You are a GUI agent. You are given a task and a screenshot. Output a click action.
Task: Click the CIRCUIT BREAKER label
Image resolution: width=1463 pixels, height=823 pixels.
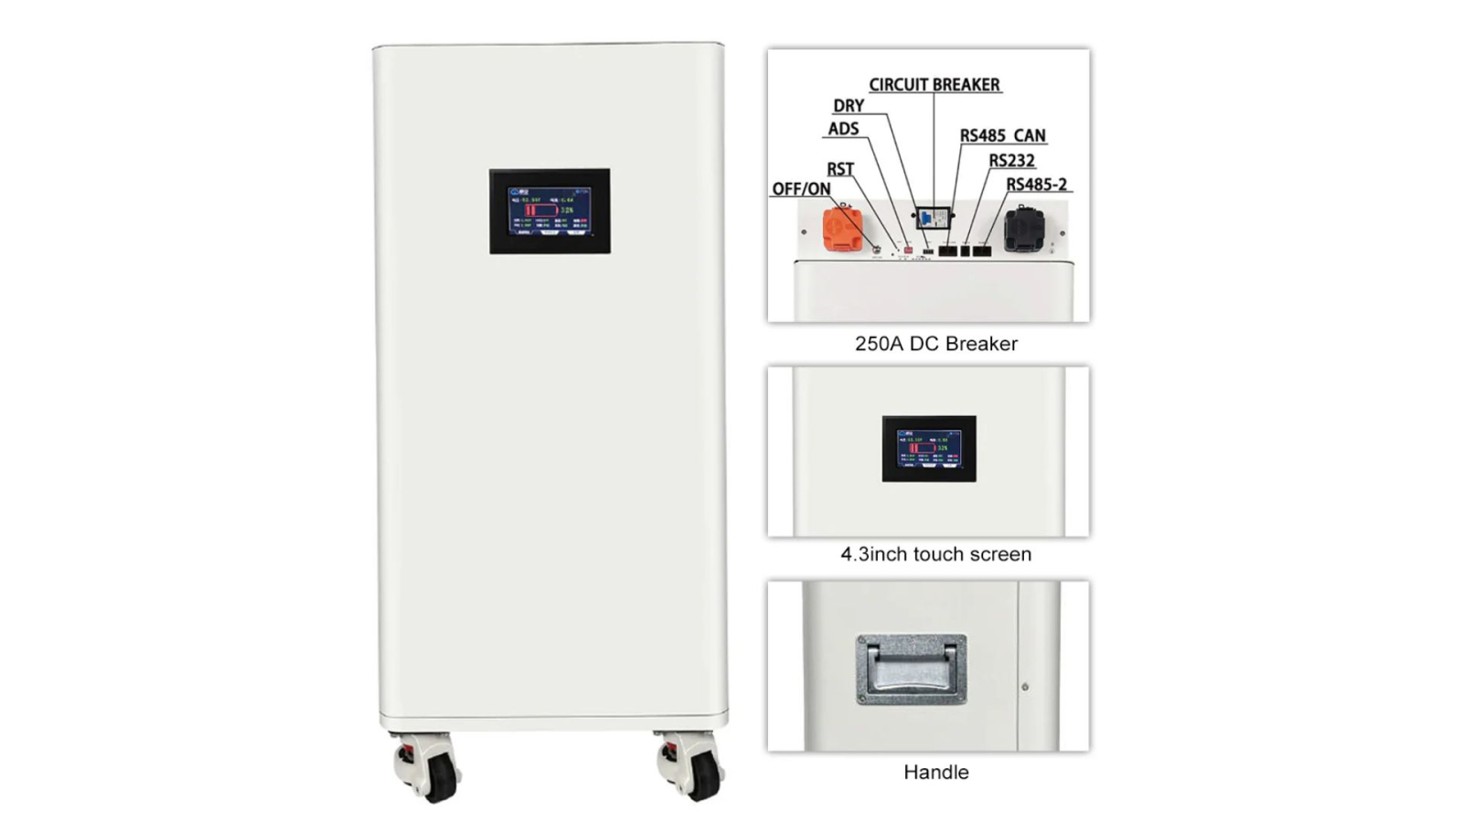click(934, 84)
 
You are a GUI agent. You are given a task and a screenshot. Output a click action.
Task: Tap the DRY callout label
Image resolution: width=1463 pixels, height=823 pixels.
click(848, 105)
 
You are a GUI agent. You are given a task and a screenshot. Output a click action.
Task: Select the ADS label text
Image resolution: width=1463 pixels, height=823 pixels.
click(842, 129)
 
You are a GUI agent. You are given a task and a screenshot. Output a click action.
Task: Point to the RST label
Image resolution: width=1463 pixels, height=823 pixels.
click(839, 169)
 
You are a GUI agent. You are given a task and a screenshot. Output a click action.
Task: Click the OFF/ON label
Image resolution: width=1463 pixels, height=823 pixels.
click(801, 189)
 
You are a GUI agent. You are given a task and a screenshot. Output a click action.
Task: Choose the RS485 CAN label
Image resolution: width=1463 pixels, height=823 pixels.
click(1002, 135)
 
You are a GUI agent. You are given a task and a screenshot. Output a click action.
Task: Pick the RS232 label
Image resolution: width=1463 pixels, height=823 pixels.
click(1011, 161)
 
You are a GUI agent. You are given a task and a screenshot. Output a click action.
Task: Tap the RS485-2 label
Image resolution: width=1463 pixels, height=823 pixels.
click(1036, 185)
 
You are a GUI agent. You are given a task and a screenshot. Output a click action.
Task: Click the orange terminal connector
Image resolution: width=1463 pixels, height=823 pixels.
click(842, 229)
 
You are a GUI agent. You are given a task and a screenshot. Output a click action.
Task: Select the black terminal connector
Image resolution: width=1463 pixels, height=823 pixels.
click(1023, 229)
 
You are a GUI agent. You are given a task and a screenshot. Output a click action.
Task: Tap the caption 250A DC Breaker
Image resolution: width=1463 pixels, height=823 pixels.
click(935, 344)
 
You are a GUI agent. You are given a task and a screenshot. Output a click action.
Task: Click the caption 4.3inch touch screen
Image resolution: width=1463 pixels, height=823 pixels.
click(935, 554)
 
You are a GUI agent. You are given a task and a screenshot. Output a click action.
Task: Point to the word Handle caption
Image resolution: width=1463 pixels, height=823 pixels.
click(935, 772)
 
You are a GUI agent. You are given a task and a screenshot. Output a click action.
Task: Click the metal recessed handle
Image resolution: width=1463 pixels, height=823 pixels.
click(911, 669)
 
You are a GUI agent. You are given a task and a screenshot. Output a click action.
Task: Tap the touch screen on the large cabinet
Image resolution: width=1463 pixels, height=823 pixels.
click(550, 211)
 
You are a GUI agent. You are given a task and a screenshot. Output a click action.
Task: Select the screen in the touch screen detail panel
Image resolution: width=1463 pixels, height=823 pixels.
click(929, 448)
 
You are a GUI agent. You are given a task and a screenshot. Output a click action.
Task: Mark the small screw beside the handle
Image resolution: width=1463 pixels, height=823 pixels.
click(1024, 686)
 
